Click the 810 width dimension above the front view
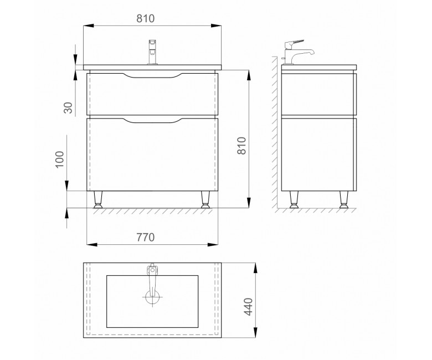tap(146, 18)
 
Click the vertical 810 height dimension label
tap(241, 146)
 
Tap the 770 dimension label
tap(146, 237)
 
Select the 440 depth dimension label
tap(248, 307)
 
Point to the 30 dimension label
tap(68, 107)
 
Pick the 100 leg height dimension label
tap(59, 159)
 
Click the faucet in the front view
tap(152, 52)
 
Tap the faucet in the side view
tap(297, 52)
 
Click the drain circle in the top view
tap(152, 297)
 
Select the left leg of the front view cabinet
tap(98, 199)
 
